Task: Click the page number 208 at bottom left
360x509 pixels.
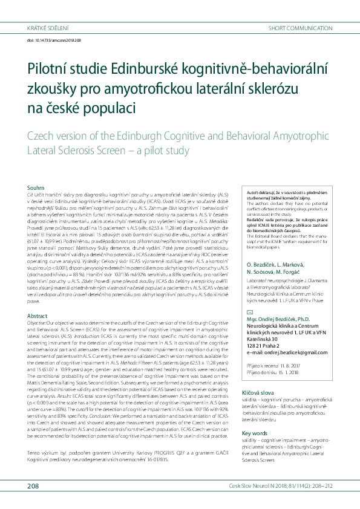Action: tap(33, 487)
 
